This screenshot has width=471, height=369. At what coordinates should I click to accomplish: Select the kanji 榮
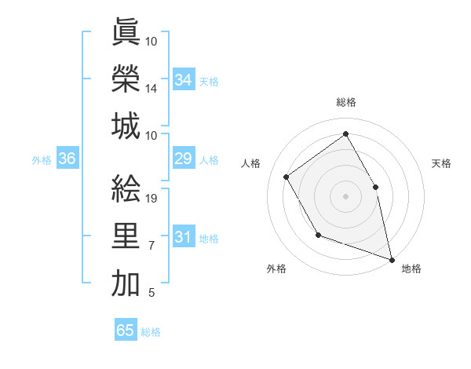pos(126,79)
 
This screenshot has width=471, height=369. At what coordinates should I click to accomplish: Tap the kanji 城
pos(126,126)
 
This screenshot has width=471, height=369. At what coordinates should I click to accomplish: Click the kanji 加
pos(126,283)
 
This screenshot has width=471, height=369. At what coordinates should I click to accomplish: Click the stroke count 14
pos(152,90)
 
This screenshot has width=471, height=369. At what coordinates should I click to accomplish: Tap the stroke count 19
pos(152,199)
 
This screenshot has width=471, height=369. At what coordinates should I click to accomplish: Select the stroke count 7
pos(152,247)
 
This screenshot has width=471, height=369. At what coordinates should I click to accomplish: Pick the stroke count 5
pos(152,294)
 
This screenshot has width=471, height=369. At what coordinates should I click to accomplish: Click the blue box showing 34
pos(183,79)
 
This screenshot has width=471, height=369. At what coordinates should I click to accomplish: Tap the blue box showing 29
pos(183,159)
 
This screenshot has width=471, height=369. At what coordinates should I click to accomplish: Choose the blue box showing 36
pos(67,159)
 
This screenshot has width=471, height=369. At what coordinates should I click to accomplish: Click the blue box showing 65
pos(126,331)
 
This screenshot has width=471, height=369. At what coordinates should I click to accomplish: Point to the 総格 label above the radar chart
pos(345,102)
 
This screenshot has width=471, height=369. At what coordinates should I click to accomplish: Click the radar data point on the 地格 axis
pos(391,258)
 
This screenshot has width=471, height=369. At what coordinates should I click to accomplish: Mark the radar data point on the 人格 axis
pos(286,177)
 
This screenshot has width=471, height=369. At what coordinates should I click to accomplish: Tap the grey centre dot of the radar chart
pos(345,195)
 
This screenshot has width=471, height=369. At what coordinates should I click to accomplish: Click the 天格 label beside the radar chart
pos(441,163)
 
